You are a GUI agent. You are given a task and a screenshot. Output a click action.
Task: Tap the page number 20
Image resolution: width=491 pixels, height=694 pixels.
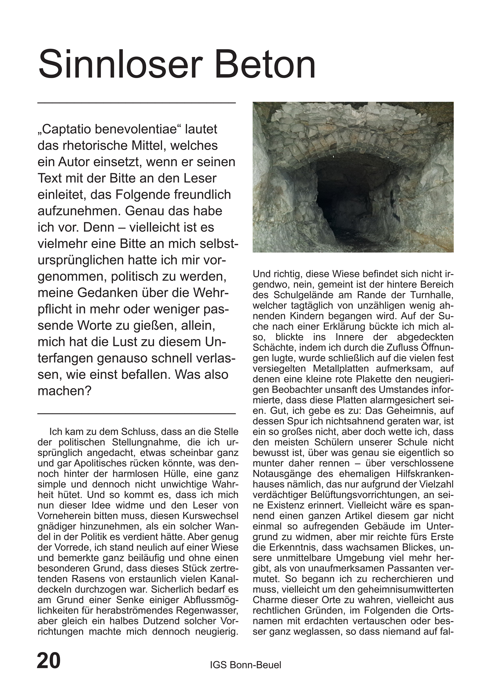[x=49, y=660]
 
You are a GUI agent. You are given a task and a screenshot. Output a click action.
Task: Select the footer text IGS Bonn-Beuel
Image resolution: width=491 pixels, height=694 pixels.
[x=245, y=665]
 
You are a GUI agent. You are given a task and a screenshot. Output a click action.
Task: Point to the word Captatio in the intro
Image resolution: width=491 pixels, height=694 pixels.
[x=67, y=129]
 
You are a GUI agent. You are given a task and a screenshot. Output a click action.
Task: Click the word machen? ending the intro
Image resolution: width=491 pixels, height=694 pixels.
[x=65, y=391]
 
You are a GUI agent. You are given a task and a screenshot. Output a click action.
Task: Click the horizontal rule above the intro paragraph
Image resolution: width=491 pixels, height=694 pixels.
[x=136, y=103]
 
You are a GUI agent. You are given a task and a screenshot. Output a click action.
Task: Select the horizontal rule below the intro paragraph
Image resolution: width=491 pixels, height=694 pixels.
[x=136, y=413]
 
